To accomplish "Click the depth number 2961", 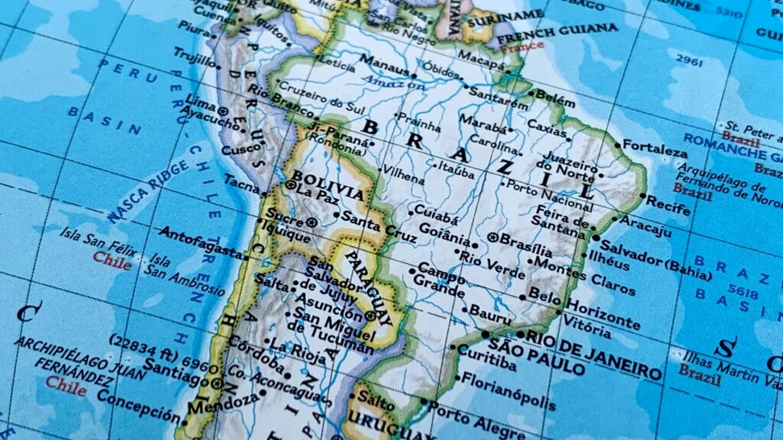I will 689,60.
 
